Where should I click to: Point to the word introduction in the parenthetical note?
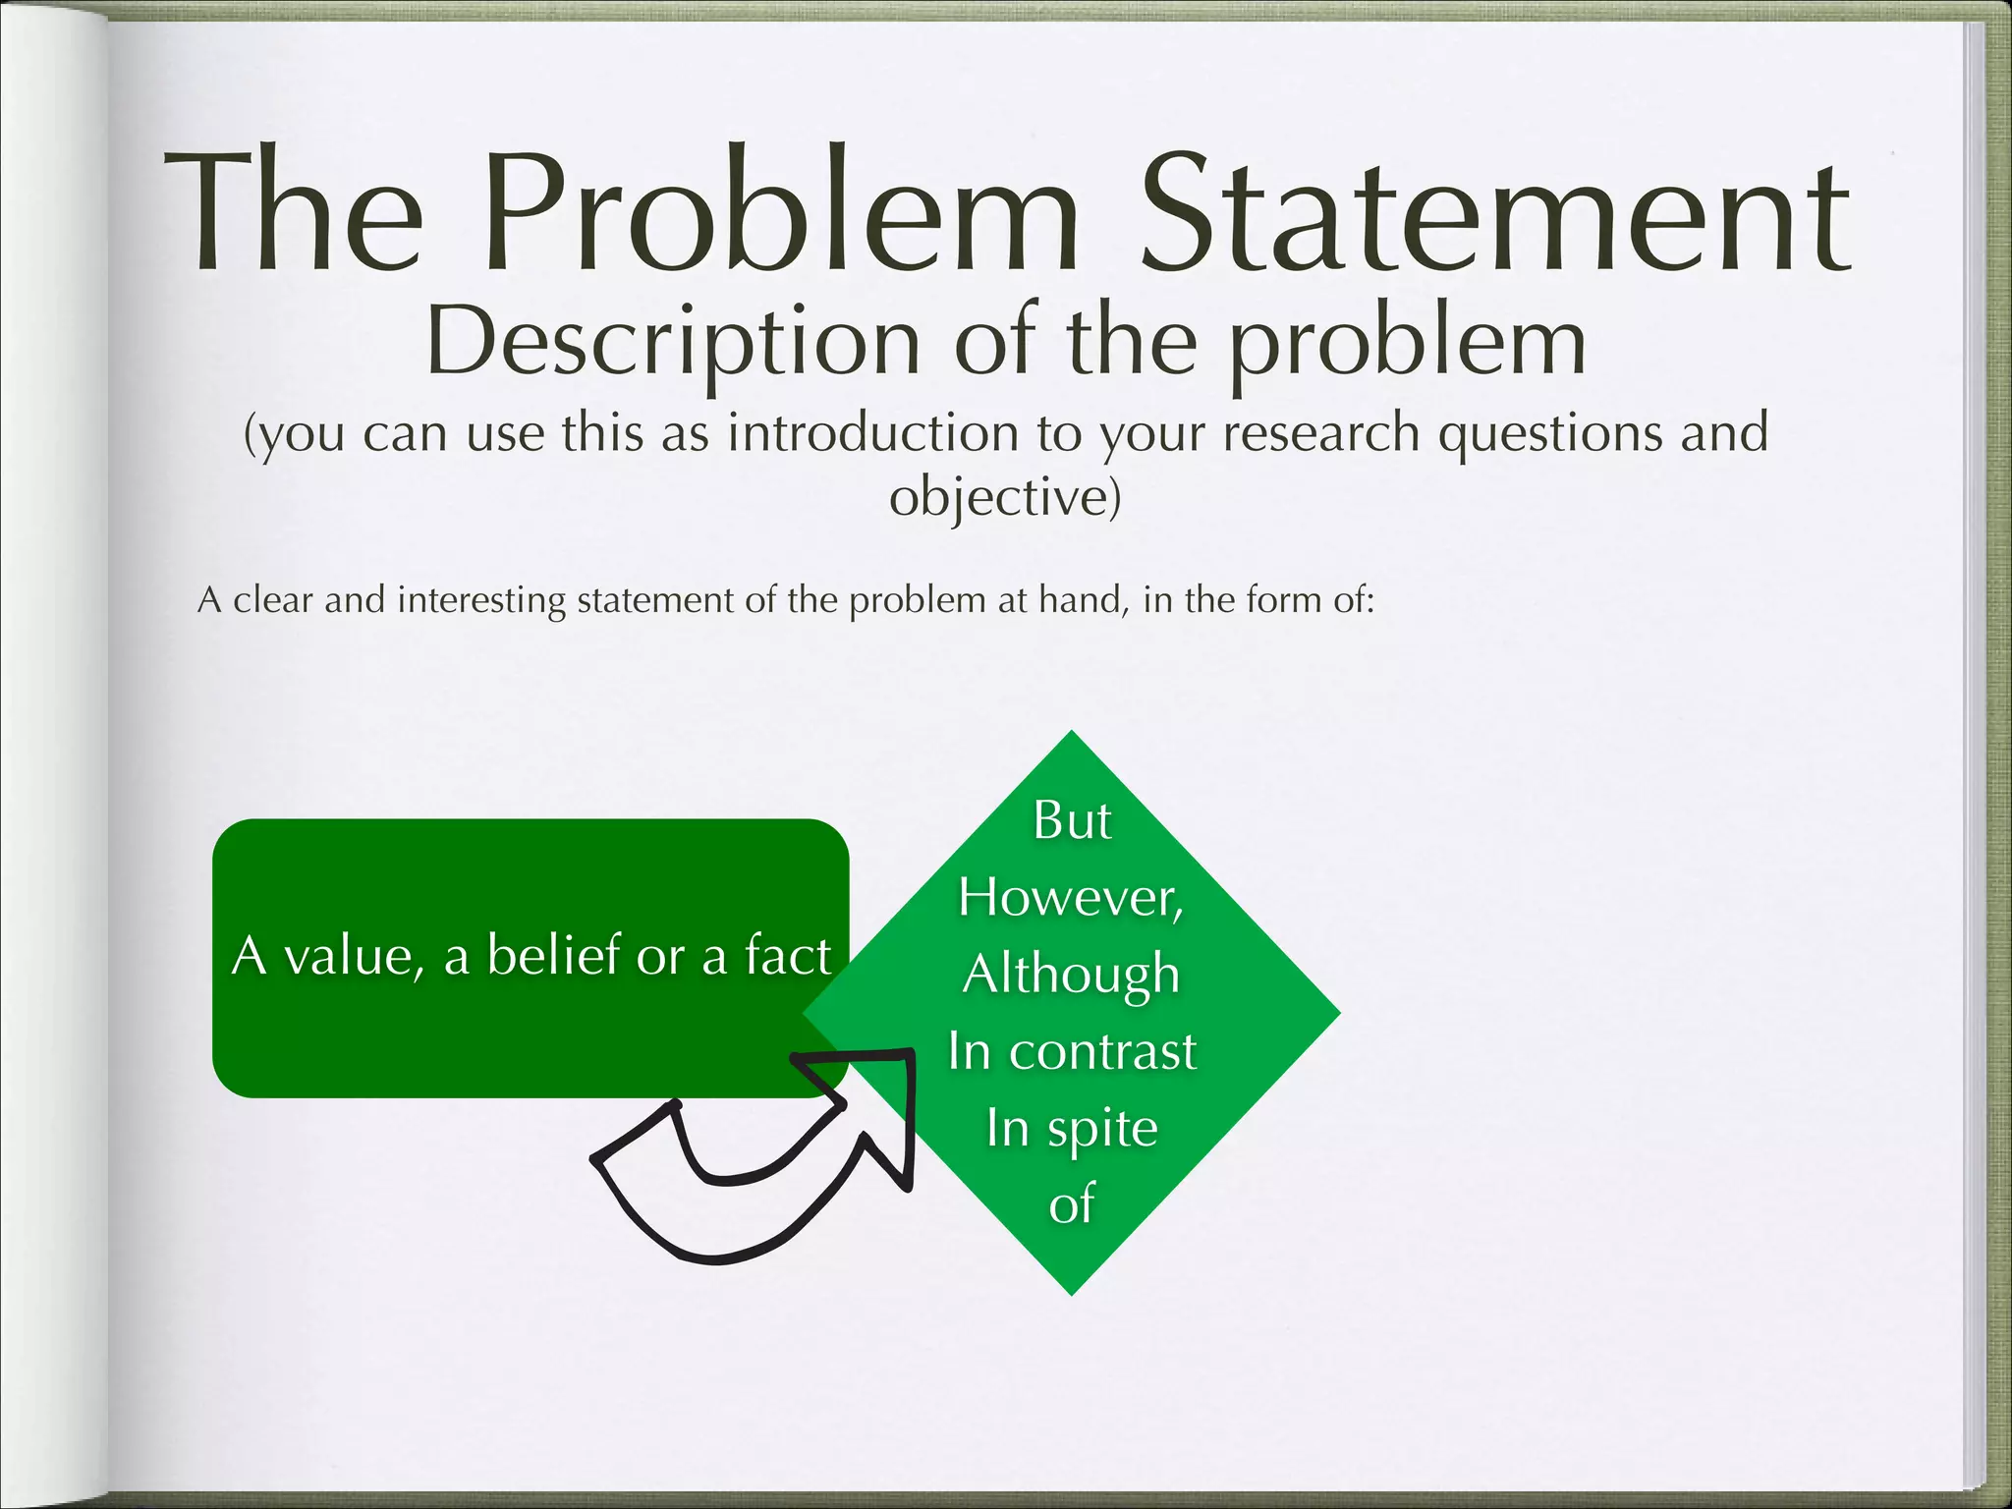coord(872,433)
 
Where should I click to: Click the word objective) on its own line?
coord(1005,497)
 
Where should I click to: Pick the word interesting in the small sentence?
coord(481,599)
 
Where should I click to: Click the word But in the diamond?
coord(1072,820)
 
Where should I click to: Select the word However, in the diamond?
coord(1071,897)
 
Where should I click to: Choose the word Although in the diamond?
coord(1071,975)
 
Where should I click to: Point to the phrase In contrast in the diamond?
coord(1072,1051)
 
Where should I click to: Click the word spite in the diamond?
coord(1102,1129)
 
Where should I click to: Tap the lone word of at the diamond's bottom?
coord(1071,1204)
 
